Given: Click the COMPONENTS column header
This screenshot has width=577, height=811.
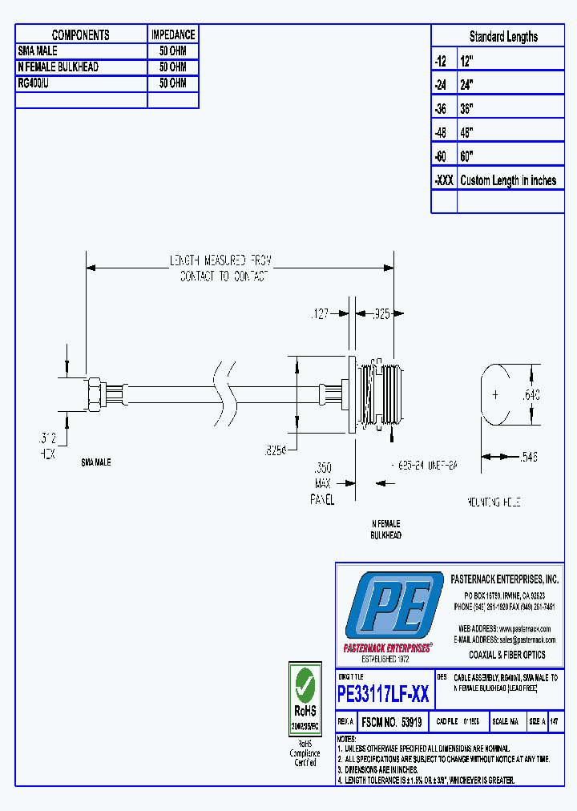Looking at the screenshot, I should [x=81, y=34].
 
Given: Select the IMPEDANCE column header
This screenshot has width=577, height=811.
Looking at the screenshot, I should [x=173, y=34].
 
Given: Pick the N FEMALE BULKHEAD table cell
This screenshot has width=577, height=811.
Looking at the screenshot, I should [x=58, y=67].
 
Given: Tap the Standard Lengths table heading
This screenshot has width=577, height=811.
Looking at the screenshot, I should [x=503, y=37].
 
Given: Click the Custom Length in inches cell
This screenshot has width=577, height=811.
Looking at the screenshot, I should [x=508, y=180].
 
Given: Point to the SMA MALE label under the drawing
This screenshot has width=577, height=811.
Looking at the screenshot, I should [x=96, y=462].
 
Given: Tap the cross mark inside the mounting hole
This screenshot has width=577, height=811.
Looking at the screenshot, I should [x=496, y=394].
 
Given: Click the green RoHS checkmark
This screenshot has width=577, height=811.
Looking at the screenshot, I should [x=305, y=684].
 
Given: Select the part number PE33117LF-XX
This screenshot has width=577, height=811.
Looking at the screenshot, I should [x=383, y=693].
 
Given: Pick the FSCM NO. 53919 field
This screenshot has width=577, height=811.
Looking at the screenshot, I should [x=392, y=721].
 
